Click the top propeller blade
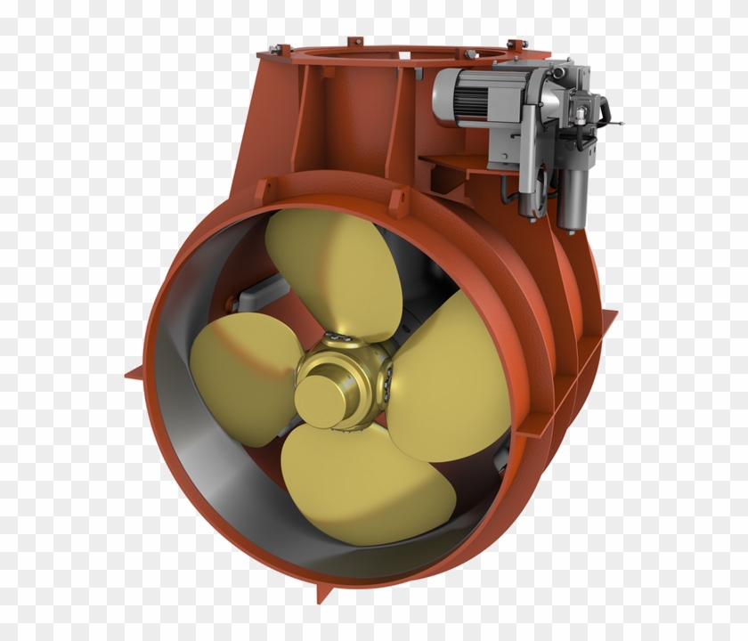click(x=334, y=267)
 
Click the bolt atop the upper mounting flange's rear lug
click(x=354, y=40)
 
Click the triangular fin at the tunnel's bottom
click(x=325, y=592)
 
